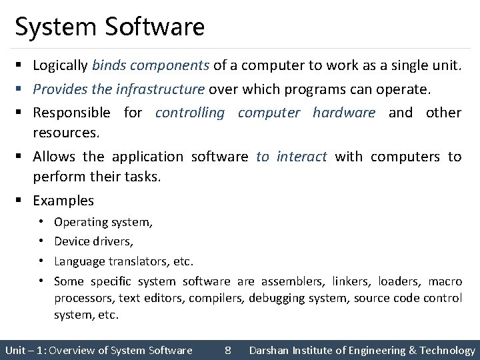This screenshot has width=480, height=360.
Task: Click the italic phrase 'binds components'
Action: (151, 66)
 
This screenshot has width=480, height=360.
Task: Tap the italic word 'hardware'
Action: (344, 113)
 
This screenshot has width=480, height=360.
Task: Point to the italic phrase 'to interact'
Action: (292, 157)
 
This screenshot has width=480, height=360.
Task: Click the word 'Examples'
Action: (63, 200)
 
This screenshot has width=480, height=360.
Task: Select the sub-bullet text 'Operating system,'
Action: (103, 222)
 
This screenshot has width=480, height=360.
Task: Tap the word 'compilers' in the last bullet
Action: (215, 297)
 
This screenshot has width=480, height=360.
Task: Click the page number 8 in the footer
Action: (228, 350)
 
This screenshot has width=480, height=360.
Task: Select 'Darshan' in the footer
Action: (270, 350)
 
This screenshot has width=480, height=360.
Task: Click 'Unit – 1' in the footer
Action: (24, 350)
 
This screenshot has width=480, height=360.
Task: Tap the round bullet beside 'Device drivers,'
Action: (41, 241)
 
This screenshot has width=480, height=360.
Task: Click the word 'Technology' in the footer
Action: (447, 350)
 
